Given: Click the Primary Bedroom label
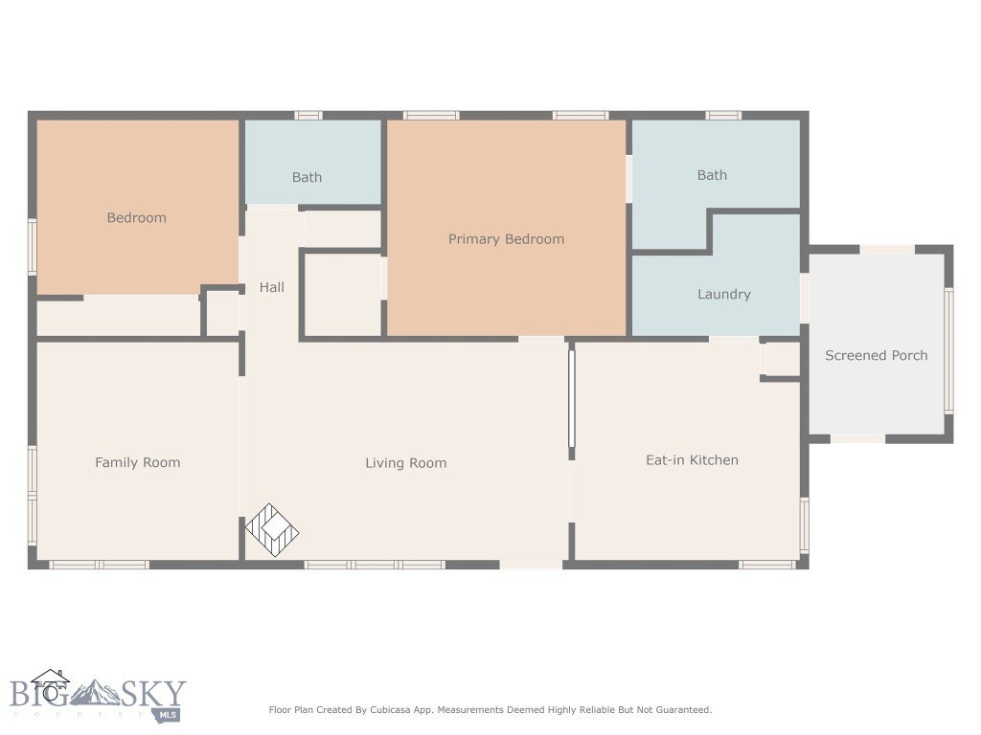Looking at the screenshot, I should click(506, 239).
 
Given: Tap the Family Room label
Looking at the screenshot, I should click(137, 462).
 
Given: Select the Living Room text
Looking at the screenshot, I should click(405, 463).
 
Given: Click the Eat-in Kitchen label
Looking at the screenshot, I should click(692, 460).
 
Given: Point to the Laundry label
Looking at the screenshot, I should click(723, 295).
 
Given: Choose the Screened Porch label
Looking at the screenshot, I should click(876, 355).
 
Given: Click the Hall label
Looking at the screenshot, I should click(271, 287).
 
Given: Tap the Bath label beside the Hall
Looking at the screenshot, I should click(307, 177).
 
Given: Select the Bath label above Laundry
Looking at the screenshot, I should click(712, 175).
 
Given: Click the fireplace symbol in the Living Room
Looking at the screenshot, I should click(272, 530).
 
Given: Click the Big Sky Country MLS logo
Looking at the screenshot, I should click(96, 696).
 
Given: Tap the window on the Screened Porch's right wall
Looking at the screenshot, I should click(948, 350).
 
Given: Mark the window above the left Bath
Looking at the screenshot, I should click(308, 115).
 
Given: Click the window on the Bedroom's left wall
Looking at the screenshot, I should click(32, 247).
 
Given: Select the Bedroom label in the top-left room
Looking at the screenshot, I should click(136, 218).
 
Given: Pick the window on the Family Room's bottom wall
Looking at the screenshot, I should click(99, 565).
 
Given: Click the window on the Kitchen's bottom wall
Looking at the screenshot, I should click(767, 565).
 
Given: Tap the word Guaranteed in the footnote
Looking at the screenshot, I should click(681, 710).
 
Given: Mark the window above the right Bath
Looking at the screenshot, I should click(723, 115).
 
